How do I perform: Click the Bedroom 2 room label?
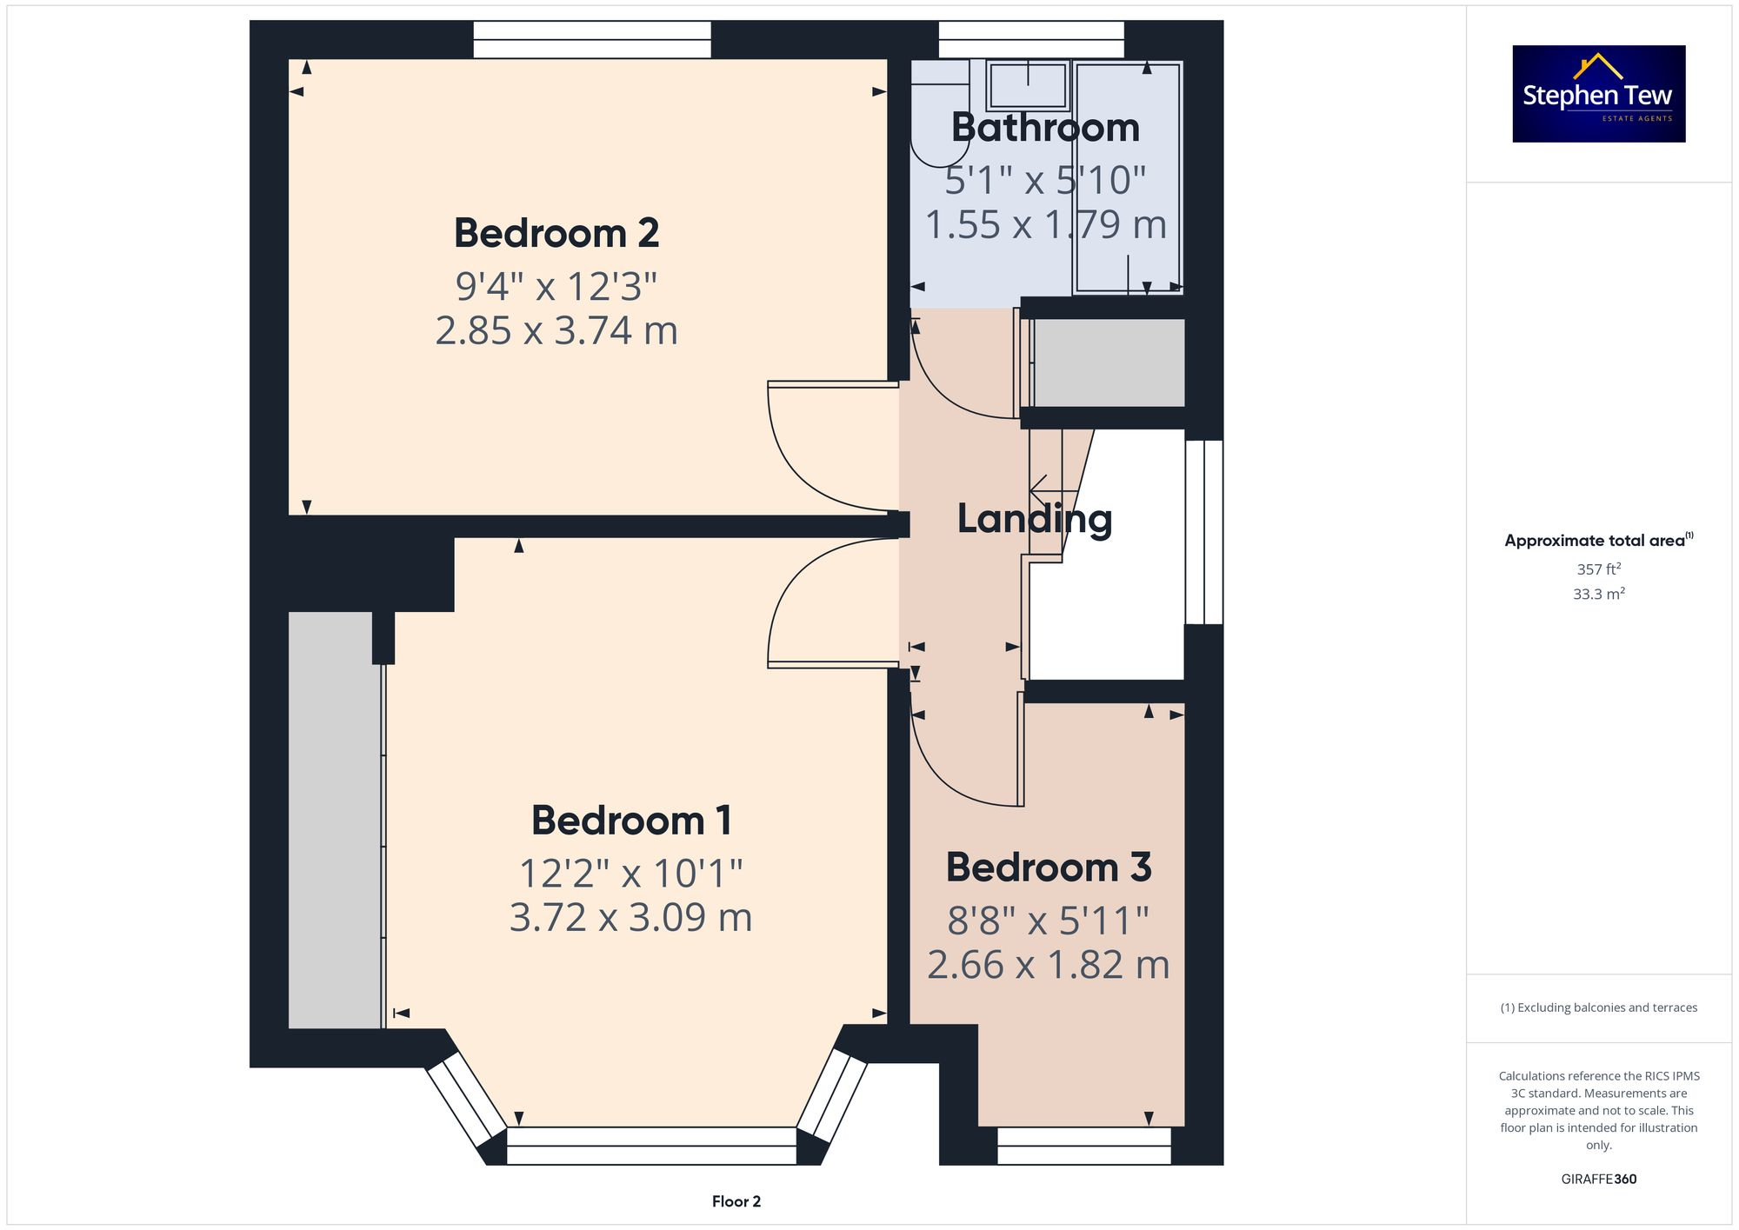point(556,233)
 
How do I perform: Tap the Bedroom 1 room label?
point(631,821)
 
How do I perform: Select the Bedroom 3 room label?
point(1049,868)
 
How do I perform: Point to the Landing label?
point(1035,519)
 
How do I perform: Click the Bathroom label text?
point(1045,128)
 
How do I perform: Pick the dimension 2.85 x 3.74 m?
point(556,331)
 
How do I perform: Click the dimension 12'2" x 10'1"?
point(631,874)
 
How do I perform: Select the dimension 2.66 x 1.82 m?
point(1049,966)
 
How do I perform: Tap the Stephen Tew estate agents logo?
point(1598,94)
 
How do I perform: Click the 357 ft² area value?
point(1598,569)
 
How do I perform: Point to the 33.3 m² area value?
point(1598,595)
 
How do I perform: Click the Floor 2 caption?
point(736,1201)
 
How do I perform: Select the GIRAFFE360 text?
point(1598,1180)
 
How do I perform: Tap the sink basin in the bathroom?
point(1028,84)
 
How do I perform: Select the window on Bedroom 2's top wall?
point(591,39)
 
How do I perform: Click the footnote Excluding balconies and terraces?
point(1598,1008)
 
